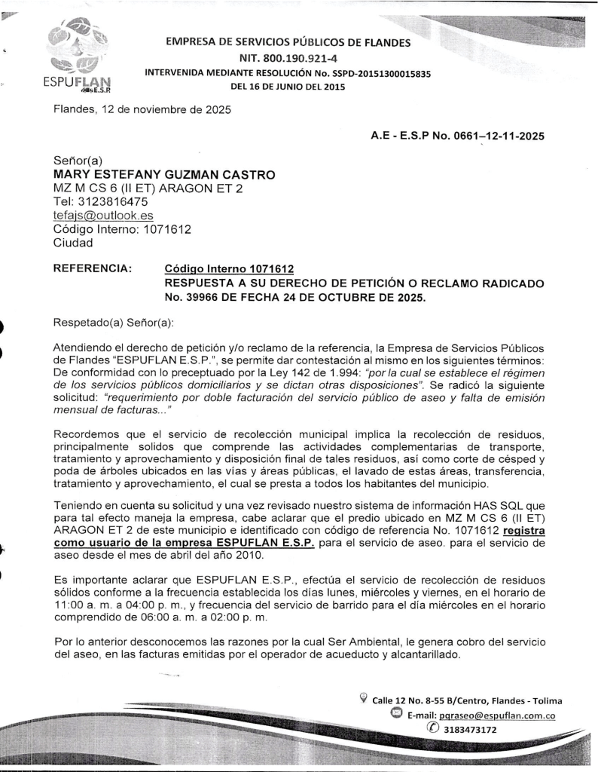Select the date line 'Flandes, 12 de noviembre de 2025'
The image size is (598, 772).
[142, 110]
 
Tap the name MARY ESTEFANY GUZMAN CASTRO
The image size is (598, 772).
[164, 174]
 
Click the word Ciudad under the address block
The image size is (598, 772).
[74, 243]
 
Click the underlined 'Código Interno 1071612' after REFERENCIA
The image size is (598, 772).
[228, 269]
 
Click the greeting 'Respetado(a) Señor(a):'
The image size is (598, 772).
[113, 323]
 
